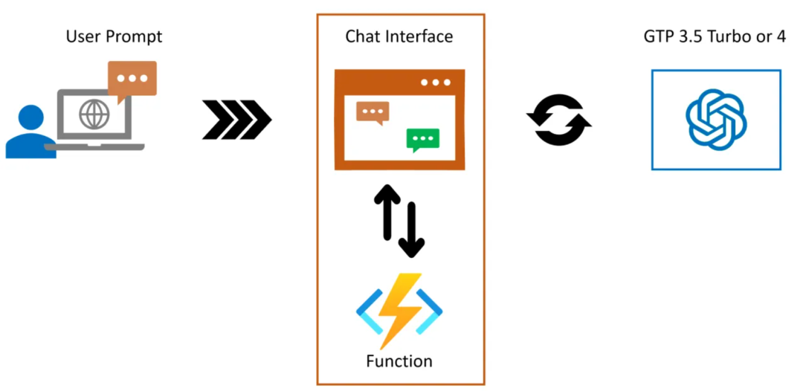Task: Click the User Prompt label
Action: [x=114, y=36]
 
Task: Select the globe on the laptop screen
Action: [x=94, y=115]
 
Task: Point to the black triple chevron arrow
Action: [x=236, y=119]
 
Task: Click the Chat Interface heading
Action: [x=399, y=36]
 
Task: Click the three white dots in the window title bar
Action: [x=436, y=82]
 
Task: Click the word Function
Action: [x=399, y=362]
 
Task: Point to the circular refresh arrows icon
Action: [x=558, y=119]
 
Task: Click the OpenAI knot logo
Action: [x=716, y=120]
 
